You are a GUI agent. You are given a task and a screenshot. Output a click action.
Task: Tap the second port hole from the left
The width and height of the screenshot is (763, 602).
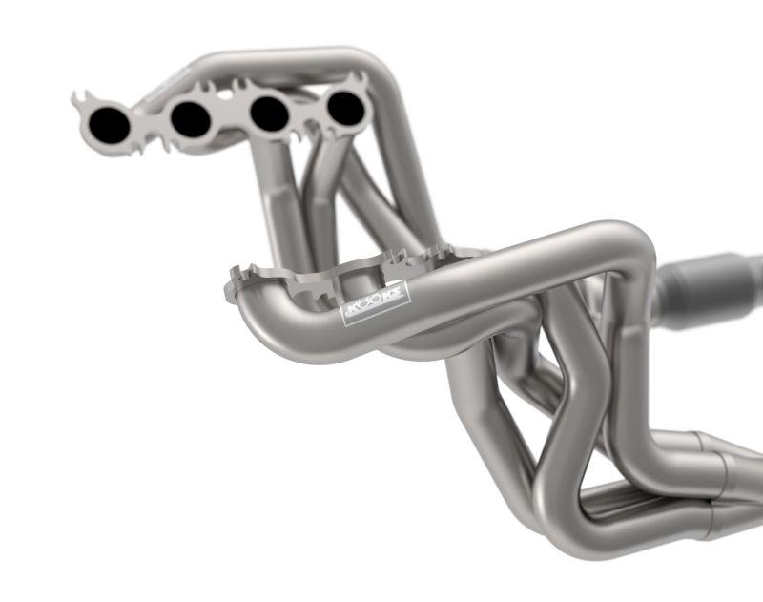(x=191, y=118)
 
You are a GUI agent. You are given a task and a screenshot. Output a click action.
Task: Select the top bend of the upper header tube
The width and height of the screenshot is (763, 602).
(x=367, y=59)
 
